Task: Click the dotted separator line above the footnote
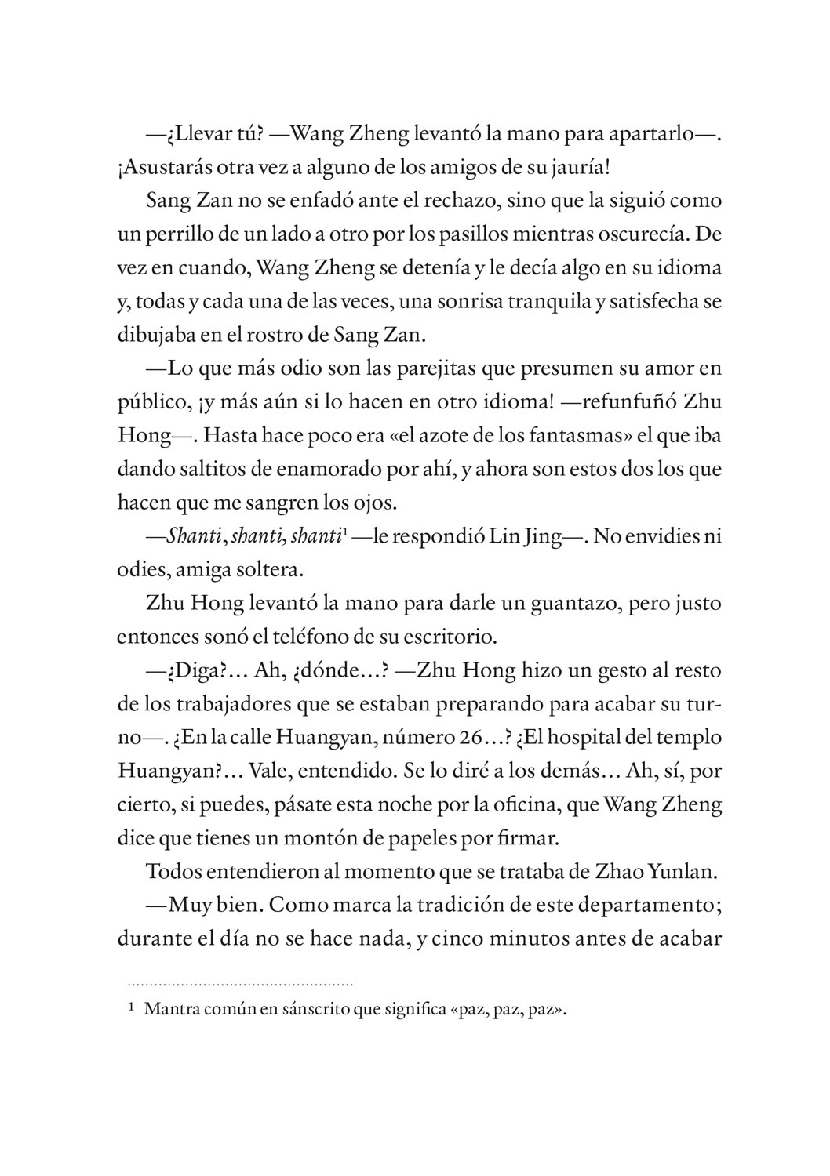[240, 982]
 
